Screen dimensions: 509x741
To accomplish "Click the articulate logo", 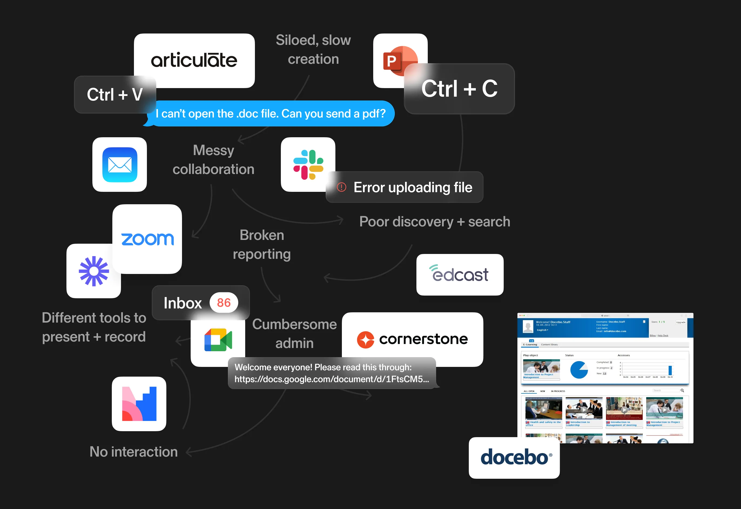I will [x=194, y=60].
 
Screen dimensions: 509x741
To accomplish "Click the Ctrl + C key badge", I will [x=459, y=89].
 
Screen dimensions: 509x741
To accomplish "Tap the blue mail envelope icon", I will [x=120, y=165].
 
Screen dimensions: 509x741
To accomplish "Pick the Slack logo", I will [x=308, y=165].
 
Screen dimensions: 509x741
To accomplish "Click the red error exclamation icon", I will [x=342, y=187].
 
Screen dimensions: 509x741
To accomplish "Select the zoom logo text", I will [x=147, y=239].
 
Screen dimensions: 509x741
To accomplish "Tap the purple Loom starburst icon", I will [x=94, y=271].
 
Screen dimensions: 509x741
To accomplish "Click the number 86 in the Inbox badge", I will [x=224, y=303].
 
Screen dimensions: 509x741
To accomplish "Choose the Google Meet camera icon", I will [x=218, y=340].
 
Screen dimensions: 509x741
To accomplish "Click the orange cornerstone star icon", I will [x=365, y=340].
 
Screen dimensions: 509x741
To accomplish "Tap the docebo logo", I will [x=514, y=457].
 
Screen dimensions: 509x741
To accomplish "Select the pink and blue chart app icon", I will [x=139, y=404].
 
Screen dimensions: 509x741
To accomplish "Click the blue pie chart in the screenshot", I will [x=579, y=370].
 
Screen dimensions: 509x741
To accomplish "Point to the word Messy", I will [x=213, y=150].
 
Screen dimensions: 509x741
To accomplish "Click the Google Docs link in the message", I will [x=332, y=379].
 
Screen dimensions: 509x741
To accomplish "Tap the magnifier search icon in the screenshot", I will [x=682, y=391].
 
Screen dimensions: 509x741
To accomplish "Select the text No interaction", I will [x=134, y=452].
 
